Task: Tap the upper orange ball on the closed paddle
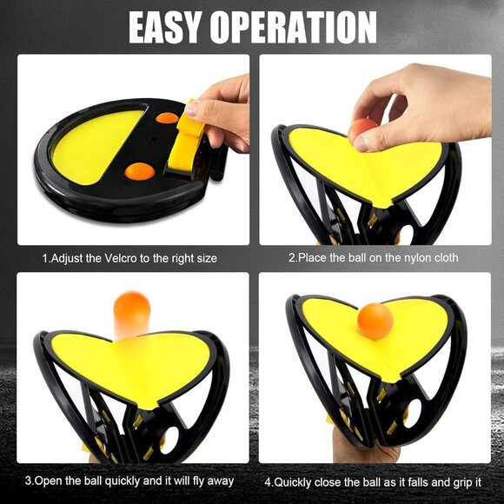[x=167, y=118]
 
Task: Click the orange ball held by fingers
[x=361, y=131]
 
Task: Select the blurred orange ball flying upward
[x=132, y=308]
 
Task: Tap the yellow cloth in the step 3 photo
[x=130, y=365]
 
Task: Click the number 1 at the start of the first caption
[x=45, y=258]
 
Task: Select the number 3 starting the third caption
[x=29, y=480]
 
